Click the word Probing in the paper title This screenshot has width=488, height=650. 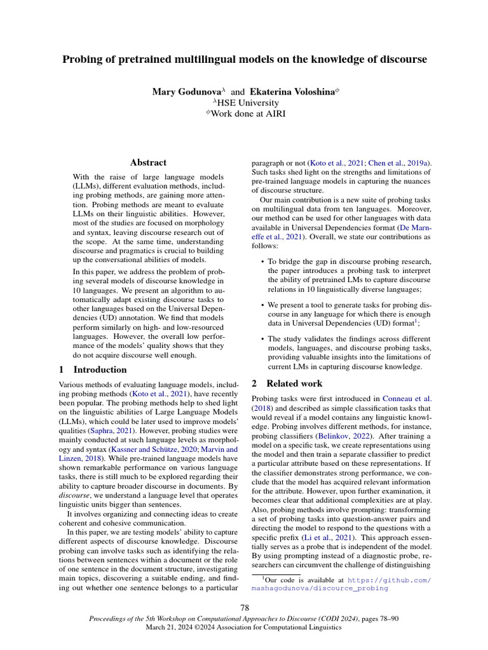pos(81,60)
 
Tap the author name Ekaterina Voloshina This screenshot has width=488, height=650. pos(291,92)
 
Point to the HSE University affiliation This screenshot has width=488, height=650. pos(246,103)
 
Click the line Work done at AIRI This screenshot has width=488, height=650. pos(246,114)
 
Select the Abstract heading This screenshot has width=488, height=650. pos(148,162)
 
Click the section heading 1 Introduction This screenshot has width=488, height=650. pos(92,369)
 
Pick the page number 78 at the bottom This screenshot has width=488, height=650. pos(244,607)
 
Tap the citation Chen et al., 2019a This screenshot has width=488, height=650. pos(402,162)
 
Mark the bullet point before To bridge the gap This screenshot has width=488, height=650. pos(263,261)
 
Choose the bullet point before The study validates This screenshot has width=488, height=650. pos(263,339)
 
